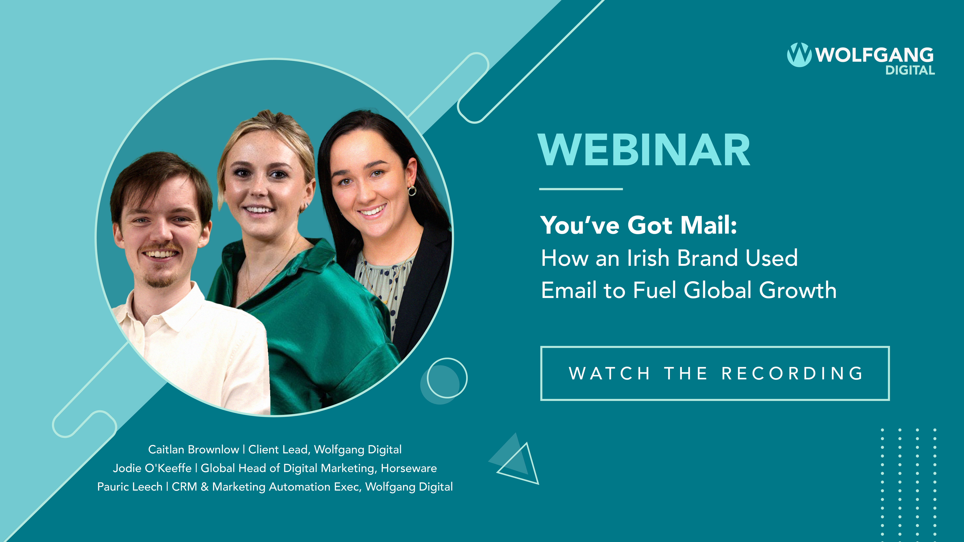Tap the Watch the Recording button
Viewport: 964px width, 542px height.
pos(715,373)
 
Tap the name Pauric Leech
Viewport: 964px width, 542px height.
pos(130,487)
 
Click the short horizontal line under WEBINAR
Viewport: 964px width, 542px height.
pos(581,189)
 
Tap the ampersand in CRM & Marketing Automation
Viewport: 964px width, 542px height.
pos(204,487)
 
